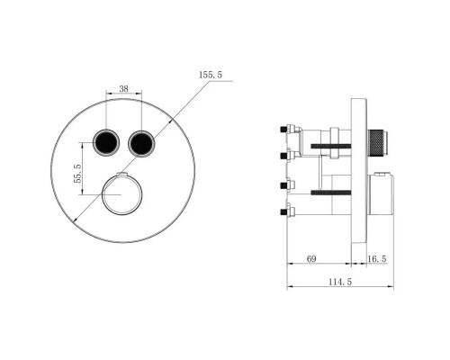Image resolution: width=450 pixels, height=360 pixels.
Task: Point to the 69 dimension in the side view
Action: pyautogui.click(x=310, y=259)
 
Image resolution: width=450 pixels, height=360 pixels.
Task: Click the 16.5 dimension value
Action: pyautogui.click(x=377, y=259)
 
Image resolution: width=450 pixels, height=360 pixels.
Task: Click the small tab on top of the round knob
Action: pyautogui.click(x=123, y=169)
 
